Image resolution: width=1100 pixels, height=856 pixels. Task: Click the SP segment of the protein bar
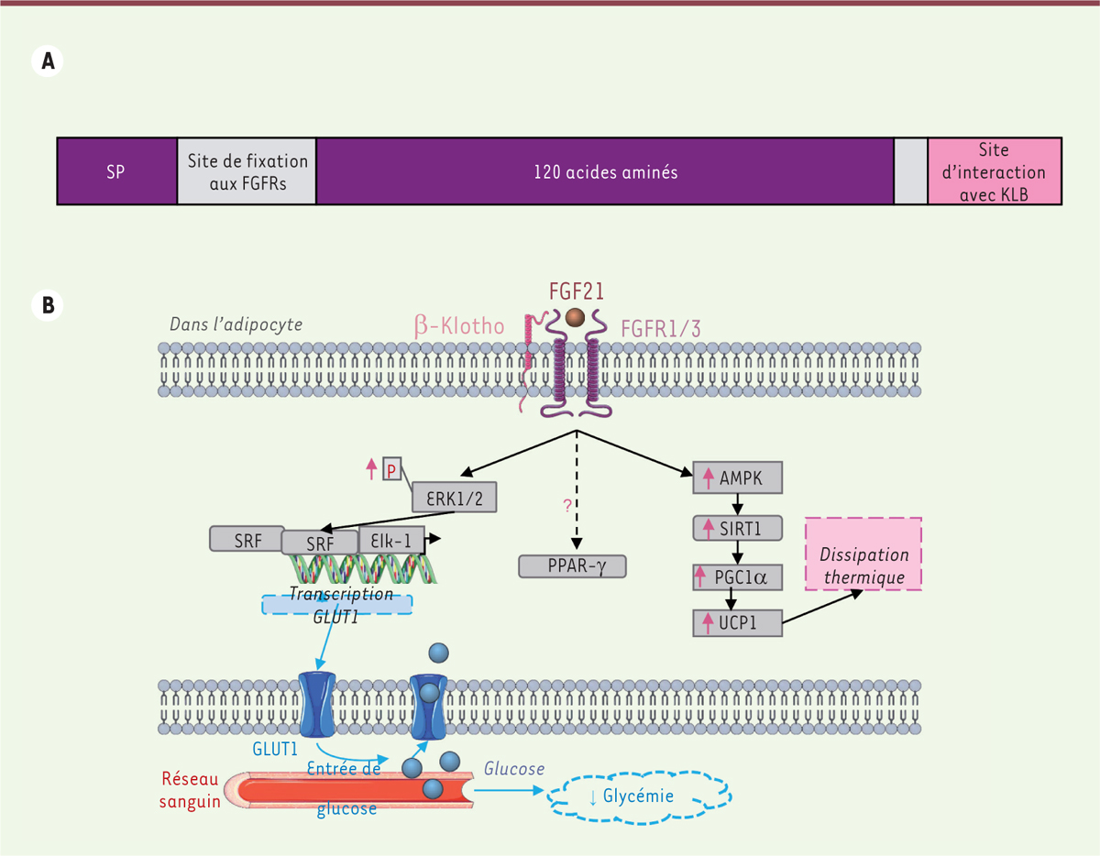[x=116, y=171]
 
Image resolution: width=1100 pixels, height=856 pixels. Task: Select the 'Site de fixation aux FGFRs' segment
[x=247, y=171]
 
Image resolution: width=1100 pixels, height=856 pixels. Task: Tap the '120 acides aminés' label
[x=605, y=171]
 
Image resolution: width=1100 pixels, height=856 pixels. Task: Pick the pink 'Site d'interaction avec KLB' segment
[x=995, y=171]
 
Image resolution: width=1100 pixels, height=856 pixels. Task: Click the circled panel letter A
[x=46, y=60]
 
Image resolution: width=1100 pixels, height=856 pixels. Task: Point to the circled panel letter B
[x=46, y=304]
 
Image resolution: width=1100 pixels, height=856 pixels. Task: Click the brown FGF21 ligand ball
[x=575, y=317]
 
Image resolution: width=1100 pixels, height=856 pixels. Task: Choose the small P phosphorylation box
[x=391, y=469]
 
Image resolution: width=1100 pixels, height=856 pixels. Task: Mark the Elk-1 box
[x=391, y=539]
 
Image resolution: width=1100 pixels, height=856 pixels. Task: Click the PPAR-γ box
[x=572, y=566]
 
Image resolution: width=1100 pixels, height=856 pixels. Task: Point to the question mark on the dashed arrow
[x=567, y=504]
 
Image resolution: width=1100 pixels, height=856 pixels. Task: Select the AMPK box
[x=738, y=477]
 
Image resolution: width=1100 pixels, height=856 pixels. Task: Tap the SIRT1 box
[x=738, y=528]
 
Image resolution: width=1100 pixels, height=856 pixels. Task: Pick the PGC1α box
[x=738, y=577]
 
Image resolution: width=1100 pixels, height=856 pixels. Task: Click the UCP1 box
[x=738, y=623]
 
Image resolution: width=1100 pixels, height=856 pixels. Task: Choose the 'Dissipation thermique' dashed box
[x=863, y=554]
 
